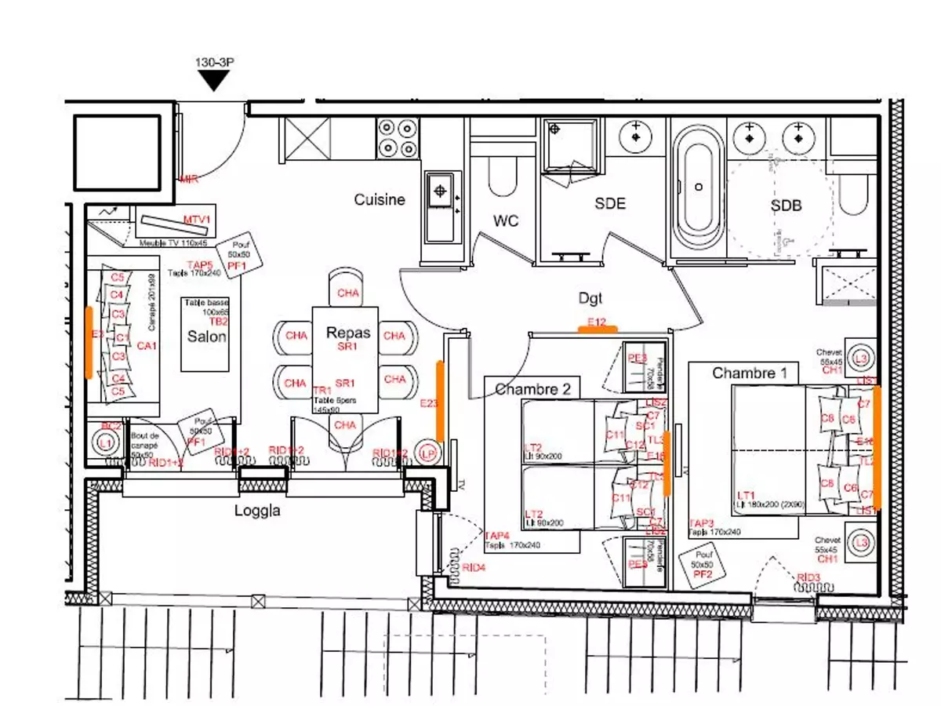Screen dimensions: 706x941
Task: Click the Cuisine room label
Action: point(380,200)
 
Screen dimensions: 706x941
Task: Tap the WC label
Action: point(507,221)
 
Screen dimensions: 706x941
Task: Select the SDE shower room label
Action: point(610,204)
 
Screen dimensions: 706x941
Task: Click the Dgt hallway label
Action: point(592,297)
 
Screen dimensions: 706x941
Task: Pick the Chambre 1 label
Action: point(749,373)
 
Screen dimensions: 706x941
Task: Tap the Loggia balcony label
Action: point(259,511)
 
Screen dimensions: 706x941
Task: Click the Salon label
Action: point(206,337)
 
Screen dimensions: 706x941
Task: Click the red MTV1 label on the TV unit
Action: point(198,219)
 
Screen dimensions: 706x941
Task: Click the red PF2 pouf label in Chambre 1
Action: point(703,574)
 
